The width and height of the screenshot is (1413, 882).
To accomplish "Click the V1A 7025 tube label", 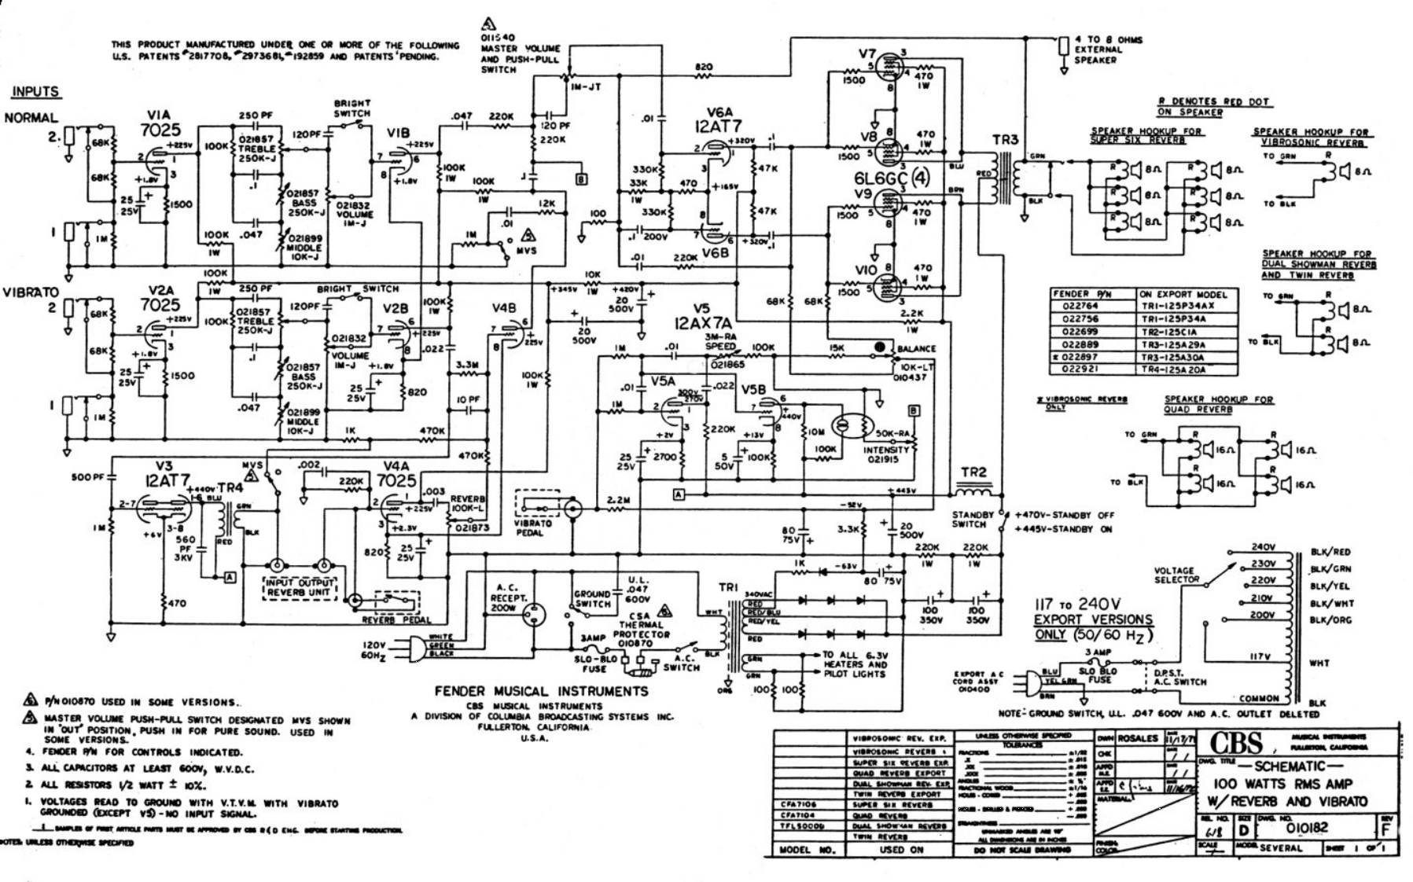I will [162, 123].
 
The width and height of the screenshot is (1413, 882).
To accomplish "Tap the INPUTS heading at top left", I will [35, 92].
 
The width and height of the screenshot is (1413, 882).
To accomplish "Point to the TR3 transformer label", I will [1005, 139].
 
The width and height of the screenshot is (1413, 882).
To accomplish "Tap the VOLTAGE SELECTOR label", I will [1176, 575].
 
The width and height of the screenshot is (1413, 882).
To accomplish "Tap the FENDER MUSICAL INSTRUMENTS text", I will [542, 691].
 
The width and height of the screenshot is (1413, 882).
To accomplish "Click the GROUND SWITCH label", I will [592, 599].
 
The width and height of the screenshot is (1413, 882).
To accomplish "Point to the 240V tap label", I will [1262, 547].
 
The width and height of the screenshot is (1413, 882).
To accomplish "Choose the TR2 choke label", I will [973, 472].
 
